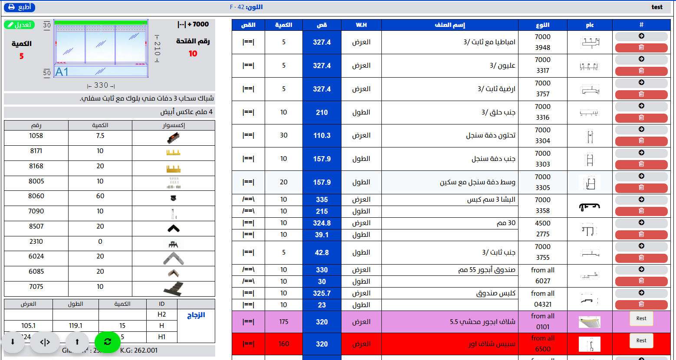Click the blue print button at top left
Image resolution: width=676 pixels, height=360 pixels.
(20, 7)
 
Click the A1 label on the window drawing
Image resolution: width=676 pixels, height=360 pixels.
(62, 72)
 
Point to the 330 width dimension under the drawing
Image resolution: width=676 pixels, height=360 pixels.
(101, 85)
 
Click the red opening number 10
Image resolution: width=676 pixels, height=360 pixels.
(193, 53)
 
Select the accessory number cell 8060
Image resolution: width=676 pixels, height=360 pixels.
(36, 196)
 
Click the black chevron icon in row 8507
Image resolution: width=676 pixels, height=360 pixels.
(173, 228)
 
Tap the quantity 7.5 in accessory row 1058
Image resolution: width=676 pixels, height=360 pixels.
(100, 136)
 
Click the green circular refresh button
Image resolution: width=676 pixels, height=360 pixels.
(107, 342)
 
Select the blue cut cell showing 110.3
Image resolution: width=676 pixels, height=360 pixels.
(322, 135)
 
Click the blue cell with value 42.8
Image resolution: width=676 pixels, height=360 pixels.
(322, 252)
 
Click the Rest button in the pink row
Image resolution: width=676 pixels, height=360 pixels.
(641, 318)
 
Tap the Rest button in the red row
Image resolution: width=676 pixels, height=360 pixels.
(641, 340)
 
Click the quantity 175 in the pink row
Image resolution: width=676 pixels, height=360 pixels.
(284, 322)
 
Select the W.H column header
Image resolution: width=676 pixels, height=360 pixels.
(361, 25)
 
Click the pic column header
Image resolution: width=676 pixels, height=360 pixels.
(590, 25)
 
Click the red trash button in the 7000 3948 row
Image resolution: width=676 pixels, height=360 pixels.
(641, 48)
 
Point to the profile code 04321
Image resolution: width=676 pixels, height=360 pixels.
(543, 304)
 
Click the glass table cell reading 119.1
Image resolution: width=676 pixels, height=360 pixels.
(75, 325)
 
